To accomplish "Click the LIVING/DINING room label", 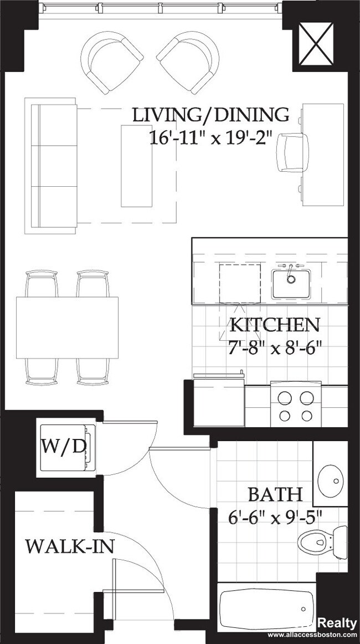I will pyautogui.click(x=210, y=115).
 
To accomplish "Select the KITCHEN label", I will pyautogui.click(x=275, y=325).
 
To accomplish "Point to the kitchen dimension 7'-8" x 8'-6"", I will pyautogui.click(x=275, y=347).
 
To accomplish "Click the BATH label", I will pyautogui.click(x=275, y=494).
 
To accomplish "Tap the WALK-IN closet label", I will pyautogui.click(x=70, y=546).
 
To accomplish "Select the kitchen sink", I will pyautogui.click(x=290, y=283).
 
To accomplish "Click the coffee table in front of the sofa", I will pyautogui.click(x=138, y=165).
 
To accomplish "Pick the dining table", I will pyautogui.click(x=68, y=328).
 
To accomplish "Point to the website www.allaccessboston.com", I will pyautogui.click(x=312, y=635).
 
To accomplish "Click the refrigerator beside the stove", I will pyautogui.click(x=219, y=402).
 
